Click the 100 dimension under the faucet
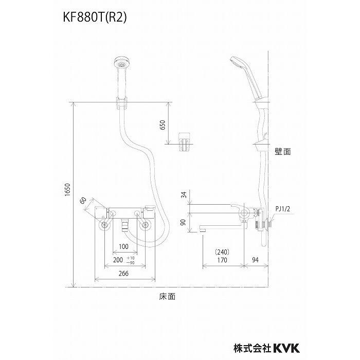click(123, 247)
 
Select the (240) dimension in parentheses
click(222, 252)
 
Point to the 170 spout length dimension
click(222, 261)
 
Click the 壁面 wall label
click(282, 152)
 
